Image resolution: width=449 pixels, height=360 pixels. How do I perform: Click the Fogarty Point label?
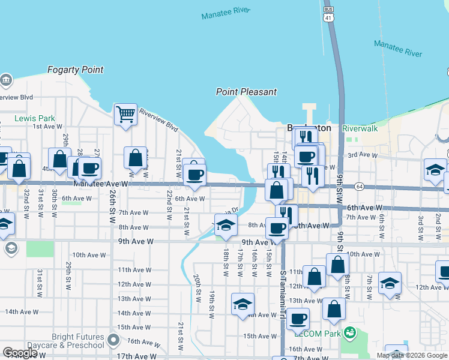[x=76, y=70]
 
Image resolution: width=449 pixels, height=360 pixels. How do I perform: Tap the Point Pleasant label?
[x=246, y=92]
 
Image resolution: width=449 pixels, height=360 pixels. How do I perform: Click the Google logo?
[x=20, y=353]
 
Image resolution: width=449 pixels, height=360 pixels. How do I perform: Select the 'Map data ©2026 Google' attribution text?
[x=411, y=355]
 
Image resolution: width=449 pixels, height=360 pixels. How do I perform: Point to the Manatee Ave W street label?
[x=101, y=184]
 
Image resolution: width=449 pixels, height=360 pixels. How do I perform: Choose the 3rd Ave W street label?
[x=362, y=155]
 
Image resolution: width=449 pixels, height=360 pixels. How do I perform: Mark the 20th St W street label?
[x=197, y=289]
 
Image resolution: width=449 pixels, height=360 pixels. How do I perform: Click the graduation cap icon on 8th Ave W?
[x=225, y=225]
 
